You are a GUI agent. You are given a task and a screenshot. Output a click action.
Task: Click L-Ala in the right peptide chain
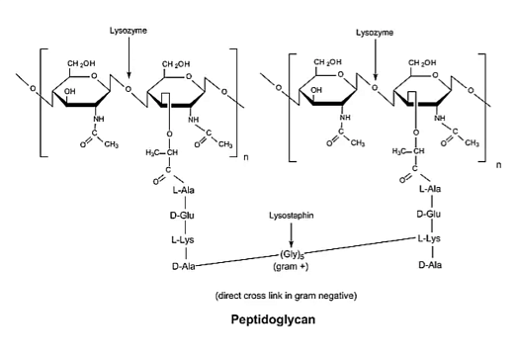tap(429, 189)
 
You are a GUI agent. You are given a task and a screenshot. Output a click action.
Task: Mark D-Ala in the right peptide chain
tap(429, 265)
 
